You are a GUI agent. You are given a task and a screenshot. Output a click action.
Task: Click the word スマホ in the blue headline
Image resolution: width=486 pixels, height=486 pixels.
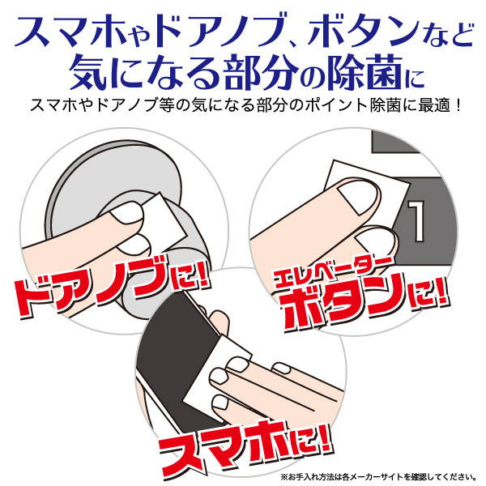65,31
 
